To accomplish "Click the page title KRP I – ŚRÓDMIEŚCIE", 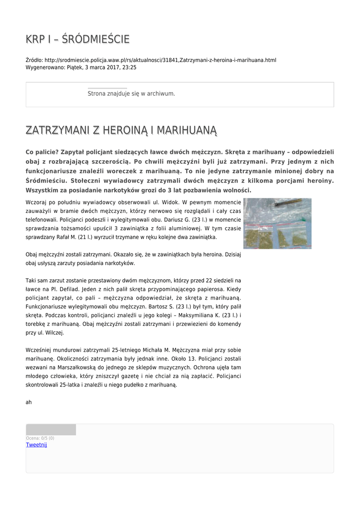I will point(77,39).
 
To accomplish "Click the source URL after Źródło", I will point(160,60).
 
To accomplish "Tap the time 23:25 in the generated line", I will point(130,67).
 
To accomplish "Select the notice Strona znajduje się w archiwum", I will point(131,94).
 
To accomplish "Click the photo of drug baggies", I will point(277,223).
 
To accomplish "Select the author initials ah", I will point(29,402).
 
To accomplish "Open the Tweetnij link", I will point(36,445).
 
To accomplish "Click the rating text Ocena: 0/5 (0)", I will point(40,438).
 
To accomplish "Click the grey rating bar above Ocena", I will point(51,430).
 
